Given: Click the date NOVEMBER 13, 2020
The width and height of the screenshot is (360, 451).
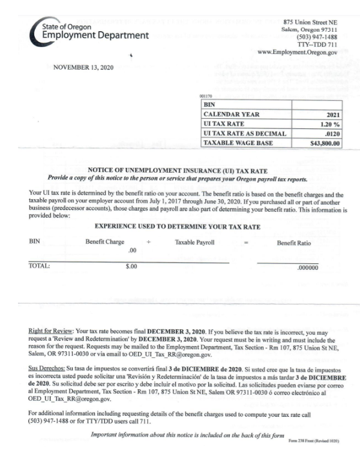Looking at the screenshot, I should coord(88,67).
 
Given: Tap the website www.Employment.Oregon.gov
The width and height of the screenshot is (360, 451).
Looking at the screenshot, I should coord(298,52).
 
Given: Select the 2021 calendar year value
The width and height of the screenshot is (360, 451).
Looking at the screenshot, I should coord(332,115).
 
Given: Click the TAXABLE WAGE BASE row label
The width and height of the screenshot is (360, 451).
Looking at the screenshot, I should coord(236,143).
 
